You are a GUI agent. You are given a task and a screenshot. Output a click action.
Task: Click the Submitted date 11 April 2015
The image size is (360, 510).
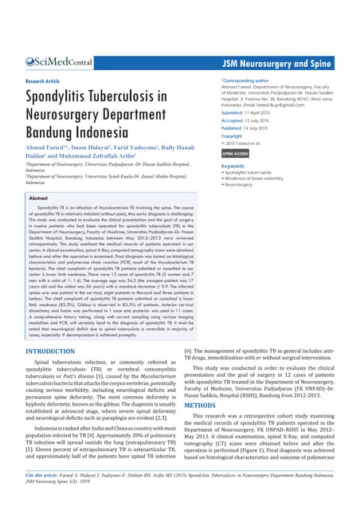coord(255,112)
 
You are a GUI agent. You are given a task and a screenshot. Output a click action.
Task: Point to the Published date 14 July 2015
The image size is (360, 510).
coord(254,127)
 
